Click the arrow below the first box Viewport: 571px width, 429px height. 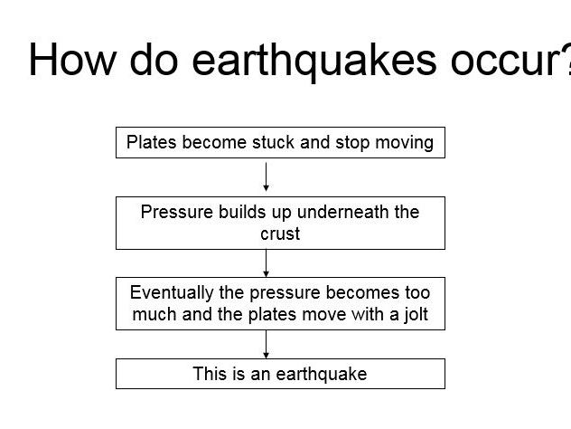coord(267,176)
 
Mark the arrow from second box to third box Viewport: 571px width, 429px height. coord(267,262)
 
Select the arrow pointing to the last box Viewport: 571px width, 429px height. coord(267,344)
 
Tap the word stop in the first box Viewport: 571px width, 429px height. coord(352,142)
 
